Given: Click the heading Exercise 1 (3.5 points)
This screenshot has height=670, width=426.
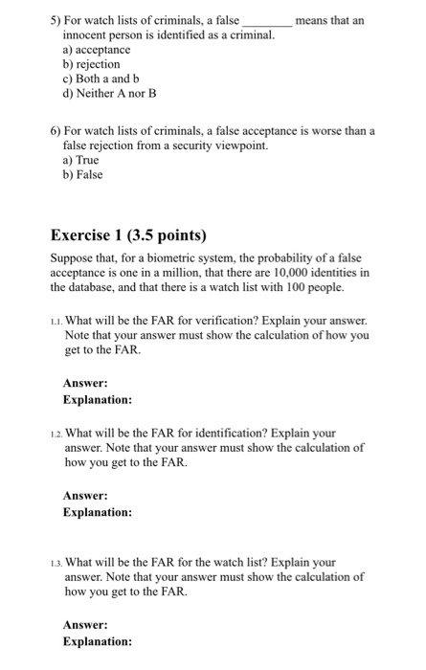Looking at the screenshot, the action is point(128,235).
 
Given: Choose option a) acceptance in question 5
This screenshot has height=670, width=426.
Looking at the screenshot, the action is point(96,49).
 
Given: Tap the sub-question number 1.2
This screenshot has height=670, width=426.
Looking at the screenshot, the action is point(55,433).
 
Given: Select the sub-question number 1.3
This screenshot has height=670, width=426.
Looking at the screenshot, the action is point(55,563).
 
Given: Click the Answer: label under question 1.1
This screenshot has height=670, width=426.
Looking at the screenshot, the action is point(85,383).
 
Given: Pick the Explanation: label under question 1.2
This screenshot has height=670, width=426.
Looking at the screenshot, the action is point(97,512).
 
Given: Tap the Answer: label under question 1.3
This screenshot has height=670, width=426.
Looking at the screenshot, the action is point(85,625).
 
